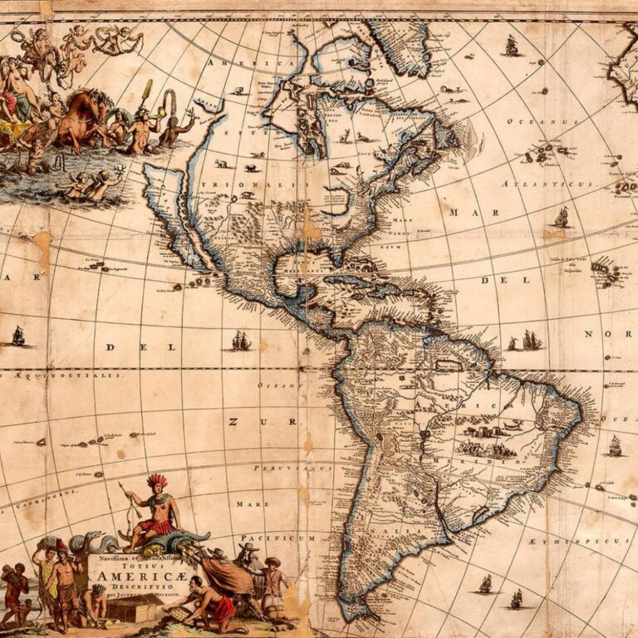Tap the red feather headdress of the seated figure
(x=156, y=481)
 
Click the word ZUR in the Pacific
(x=240, y=422)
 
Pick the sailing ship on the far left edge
(x=17, y=336)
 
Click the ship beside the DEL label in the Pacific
(x=240, y=340)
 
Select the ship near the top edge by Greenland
(x=511, y=47)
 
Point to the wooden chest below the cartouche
(x=131, y=610)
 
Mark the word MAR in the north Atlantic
(x=463, y=213)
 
